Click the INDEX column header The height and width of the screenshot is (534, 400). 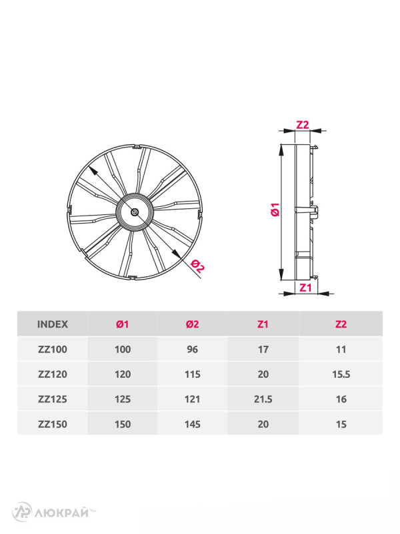pyautogui.click(x=52, y=324)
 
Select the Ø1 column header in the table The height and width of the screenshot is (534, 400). pyautogui.click(x=123, y=324)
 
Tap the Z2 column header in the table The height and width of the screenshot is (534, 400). pyautogui.click(x=341, y=324)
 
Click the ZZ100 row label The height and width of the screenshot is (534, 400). pyautogui.click(x=52, y=349)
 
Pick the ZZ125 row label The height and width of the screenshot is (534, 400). pyautogui.click(x=52, y=399)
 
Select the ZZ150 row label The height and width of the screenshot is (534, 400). pyautogui.click(x=52, y=424)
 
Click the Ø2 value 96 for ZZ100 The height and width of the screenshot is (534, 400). pyautogui.click(x=192, y=349)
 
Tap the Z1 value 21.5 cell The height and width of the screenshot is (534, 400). pyautogui.click(x=263, y=399)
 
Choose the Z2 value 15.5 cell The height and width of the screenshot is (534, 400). pyautogui.click(x=341, y=374)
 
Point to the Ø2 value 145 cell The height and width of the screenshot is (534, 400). pyautogui.click(x=192, y=424)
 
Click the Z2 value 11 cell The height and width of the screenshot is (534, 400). pyautogui.click(x=341, y=349)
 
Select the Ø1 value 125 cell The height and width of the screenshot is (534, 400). pyautogui.click(x=123, y=399)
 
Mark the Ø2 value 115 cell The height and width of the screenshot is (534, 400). pyautogui.click(x=192, y=374)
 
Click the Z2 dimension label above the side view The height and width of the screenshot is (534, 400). pyautogui.click(x=303, y=125)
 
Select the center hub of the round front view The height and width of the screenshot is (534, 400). pyautogui.click(x=135, y=212)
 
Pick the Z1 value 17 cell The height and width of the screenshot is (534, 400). pyautogui.click(x=263, y=349)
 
